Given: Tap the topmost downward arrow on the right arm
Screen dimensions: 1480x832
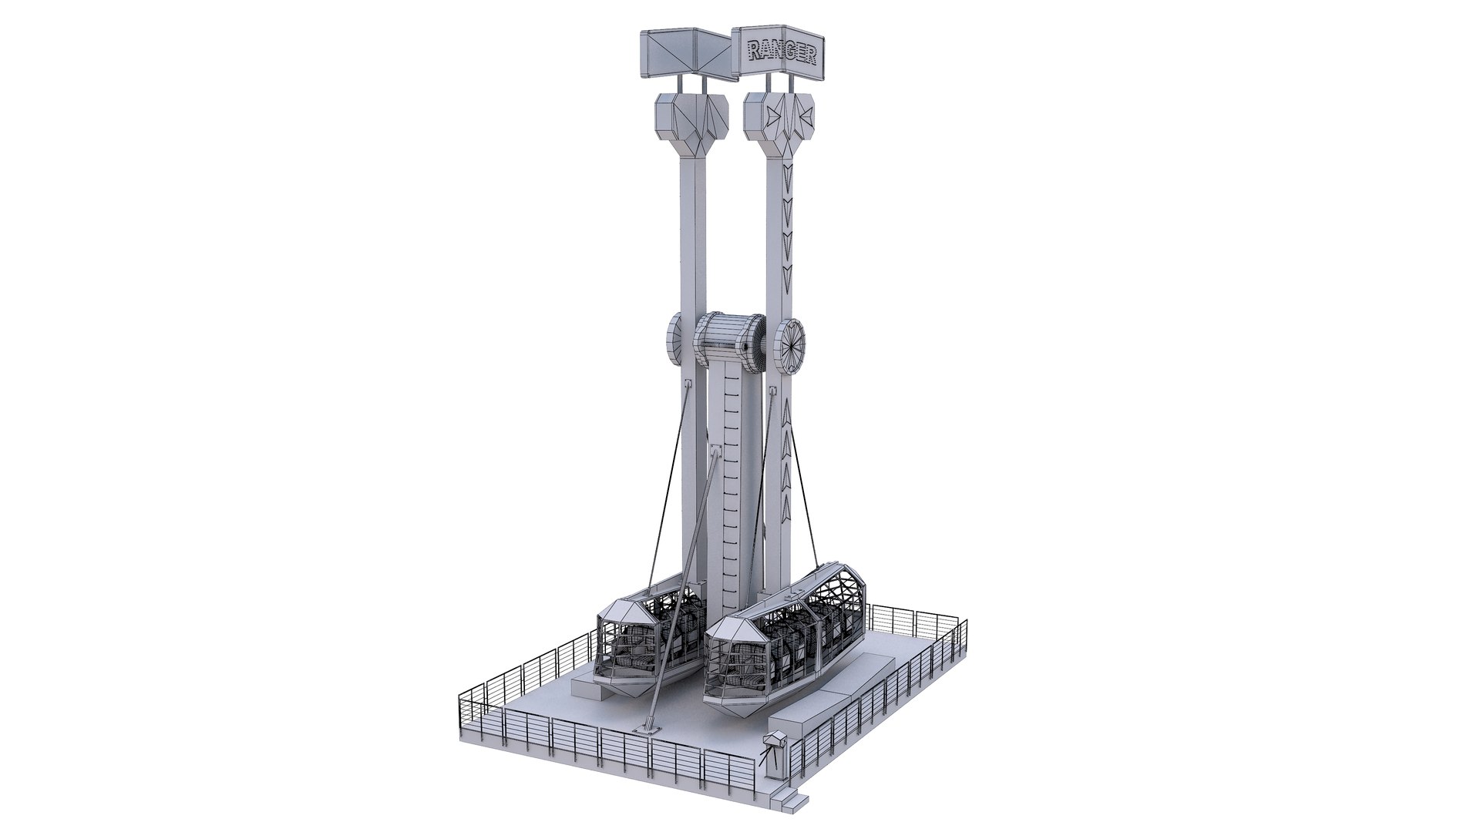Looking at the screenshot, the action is pyautogui.click(x=786, y=171).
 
